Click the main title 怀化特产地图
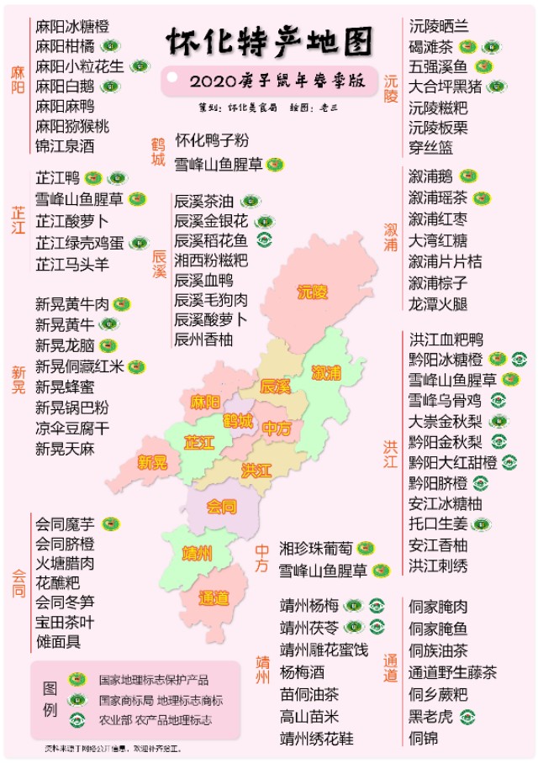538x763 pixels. (268, 39)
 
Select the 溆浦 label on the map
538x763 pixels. (326, 371)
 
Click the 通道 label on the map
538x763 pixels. (214, 598)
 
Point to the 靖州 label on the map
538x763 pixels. (197, 554)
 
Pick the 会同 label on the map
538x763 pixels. (221, 507)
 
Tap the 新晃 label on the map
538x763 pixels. (152, 462)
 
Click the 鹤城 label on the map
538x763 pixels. (238, 420)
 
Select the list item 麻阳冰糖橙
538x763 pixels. (72, 27)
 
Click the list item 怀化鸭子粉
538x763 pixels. (211, 140)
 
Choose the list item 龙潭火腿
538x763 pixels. (437, 304)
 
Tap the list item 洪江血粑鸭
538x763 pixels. (446, 339)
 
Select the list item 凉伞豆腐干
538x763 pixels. (72, 429)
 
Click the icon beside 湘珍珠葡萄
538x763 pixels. (365, 548)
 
